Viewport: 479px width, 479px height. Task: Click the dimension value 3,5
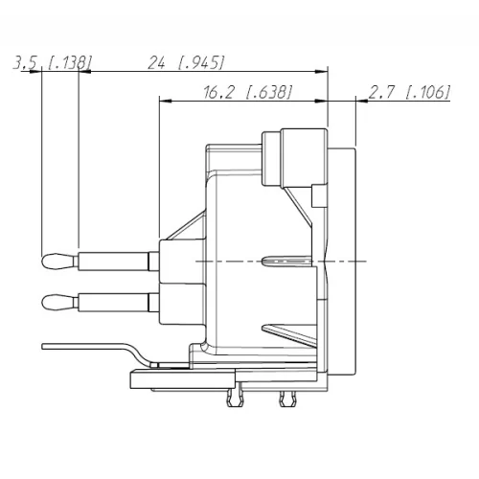27,63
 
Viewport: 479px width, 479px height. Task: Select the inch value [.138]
70,63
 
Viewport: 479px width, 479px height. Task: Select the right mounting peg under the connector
284,397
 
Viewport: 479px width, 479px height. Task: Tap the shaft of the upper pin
115,260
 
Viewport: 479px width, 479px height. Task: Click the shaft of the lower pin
115,303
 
